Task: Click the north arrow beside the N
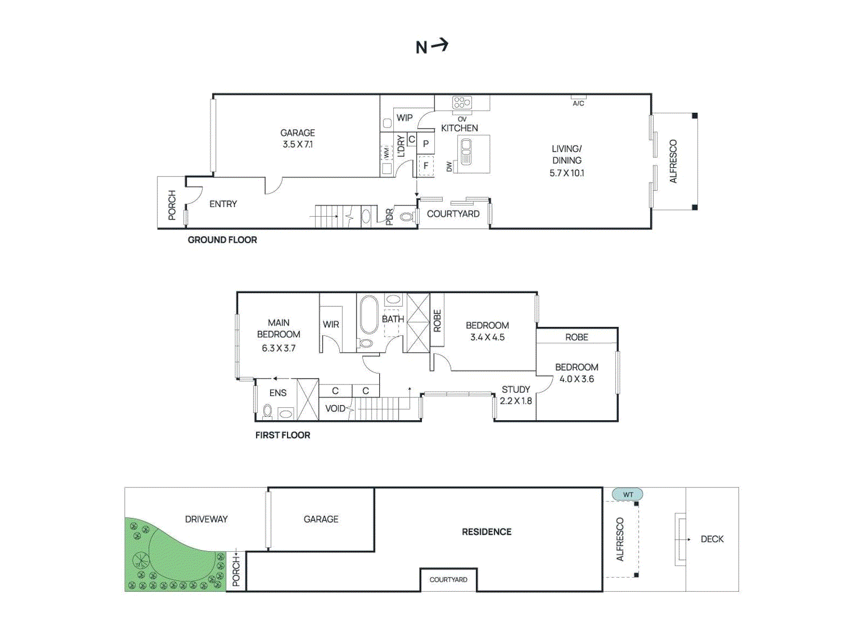[440, 45]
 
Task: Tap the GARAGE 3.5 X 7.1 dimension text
[298, 145]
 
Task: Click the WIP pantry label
[405, 118]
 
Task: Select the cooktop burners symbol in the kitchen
[462, 102]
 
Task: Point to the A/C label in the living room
[578, 103]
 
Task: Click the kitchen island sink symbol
[466, 152]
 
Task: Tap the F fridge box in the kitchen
[426, 166]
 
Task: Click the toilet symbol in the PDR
[406, 217]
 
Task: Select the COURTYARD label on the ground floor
[453, 214]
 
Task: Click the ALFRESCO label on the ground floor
[673, 161]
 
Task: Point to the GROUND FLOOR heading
[222, 240]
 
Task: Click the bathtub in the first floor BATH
[369, 314]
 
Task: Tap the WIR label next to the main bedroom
[331, 325]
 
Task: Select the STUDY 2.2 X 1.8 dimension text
[516, 401]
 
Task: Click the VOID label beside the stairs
[335, 408]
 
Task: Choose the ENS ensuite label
[278, 393]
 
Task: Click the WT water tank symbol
[627, 495]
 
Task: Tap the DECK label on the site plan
[712, 539]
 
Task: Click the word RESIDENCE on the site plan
[487, 532]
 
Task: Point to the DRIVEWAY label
[206, 519]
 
